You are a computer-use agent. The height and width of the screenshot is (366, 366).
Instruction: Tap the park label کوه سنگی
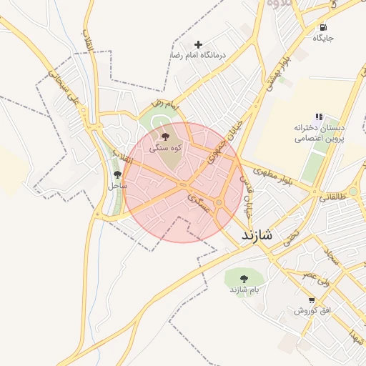tap(166, 148)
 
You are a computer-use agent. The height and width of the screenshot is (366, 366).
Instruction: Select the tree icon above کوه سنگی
tap(166, 136)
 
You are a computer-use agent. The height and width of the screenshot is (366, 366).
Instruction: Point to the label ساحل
tap(117, 185)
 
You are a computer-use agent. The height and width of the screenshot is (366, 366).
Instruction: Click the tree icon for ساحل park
tap(117, 174)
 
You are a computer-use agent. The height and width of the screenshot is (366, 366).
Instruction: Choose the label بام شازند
tap(243, 290)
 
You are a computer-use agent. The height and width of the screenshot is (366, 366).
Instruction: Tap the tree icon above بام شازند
tap(243, 278)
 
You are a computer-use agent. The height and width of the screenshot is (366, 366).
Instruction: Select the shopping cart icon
tap(312, 300)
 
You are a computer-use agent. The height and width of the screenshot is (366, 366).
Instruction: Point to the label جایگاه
tap(324, 38)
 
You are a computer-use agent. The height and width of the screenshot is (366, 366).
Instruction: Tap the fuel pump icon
tap(324, 27)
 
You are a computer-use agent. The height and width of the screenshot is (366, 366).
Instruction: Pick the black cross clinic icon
tap(199, 44)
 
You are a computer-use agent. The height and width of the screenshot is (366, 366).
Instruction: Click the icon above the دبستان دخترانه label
tap(319, 117)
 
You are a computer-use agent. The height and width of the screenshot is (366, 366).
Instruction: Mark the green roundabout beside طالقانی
tap(353, 192)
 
